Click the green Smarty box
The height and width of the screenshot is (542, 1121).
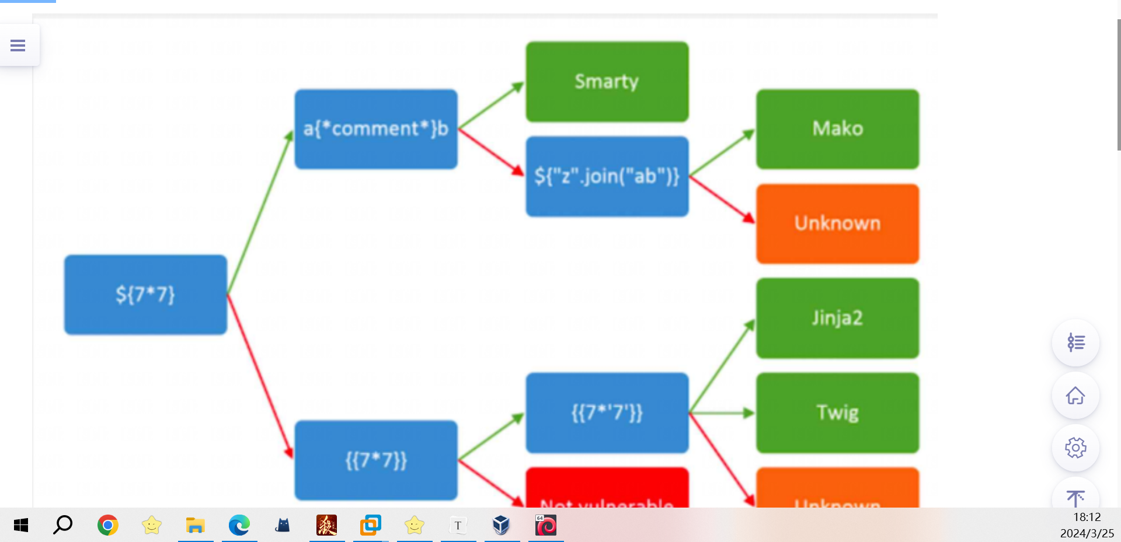(607, 82)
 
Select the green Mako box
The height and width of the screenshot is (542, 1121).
(837, 129)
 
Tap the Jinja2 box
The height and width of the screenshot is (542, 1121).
(837, 318)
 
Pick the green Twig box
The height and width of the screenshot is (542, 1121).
(837, 412)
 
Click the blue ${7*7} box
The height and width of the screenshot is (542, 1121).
(145, 295)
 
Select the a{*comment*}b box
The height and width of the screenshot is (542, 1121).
(375, 129)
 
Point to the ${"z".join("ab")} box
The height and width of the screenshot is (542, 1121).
(607, 176)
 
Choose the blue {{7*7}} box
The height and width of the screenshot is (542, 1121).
(375, 460)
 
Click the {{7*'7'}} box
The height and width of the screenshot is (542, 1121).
(607, 412)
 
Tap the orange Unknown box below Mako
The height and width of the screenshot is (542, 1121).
(837, 223)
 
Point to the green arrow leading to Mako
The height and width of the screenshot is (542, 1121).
(722, 153)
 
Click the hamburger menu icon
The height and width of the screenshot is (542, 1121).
(18, 45)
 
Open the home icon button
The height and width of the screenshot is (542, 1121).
(1075, 396)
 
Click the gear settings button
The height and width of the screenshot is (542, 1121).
(1075, 448)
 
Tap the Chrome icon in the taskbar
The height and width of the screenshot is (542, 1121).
(108, 525)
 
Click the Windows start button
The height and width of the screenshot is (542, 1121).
(21, 525)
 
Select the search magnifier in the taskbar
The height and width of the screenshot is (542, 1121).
(63, 525)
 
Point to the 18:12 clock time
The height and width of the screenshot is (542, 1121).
(1087, 517)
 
